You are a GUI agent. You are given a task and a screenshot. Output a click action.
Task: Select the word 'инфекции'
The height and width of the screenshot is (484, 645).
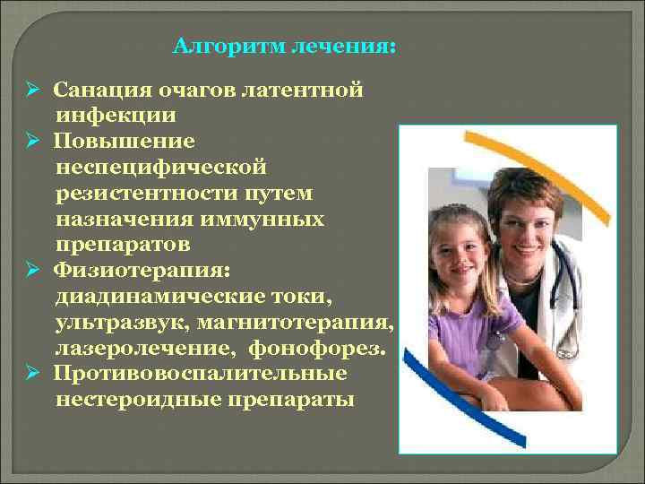click(116, 116)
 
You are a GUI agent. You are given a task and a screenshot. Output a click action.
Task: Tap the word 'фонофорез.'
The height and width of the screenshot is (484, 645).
click(329, 347)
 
